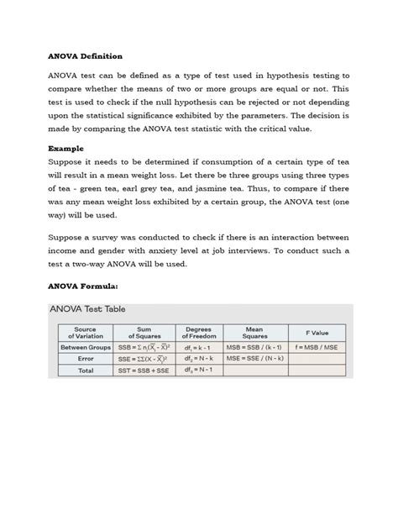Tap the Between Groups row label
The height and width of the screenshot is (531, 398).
tap(85, 346)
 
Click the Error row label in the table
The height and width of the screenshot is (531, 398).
tap(85, 358)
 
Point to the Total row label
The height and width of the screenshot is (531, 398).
tap(85, 370)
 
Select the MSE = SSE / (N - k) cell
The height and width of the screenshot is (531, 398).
tap(254, 358)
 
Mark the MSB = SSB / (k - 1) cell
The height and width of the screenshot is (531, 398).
tap(254, 346)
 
